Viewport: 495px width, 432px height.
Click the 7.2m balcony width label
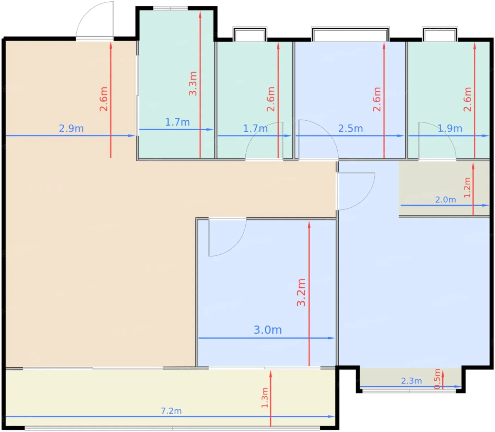[x=171, y=411]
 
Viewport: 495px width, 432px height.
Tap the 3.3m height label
[x=193, y=83]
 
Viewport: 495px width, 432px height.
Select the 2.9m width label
[x=71, y=128]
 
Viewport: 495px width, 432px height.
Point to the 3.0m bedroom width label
[x=268, y=330]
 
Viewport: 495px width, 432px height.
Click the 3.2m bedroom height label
[x=301, y=292]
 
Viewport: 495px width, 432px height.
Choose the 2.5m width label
[x=350, y=128]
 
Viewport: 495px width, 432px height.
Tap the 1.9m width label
[x=450, y=128]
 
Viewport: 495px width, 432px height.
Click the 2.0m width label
[x=445, y=200]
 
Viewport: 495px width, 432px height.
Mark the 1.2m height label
[x=467, y=188]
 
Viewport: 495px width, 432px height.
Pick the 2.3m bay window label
[x=411, y=381]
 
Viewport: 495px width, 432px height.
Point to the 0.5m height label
[x=437, y=379]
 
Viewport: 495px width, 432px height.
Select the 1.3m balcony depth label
[x=265, y=398]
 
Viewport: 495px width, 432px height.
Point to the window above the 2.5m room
[x=350, y=34]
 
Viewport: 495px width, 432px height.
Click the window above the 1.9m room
[x=440, y=34]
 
